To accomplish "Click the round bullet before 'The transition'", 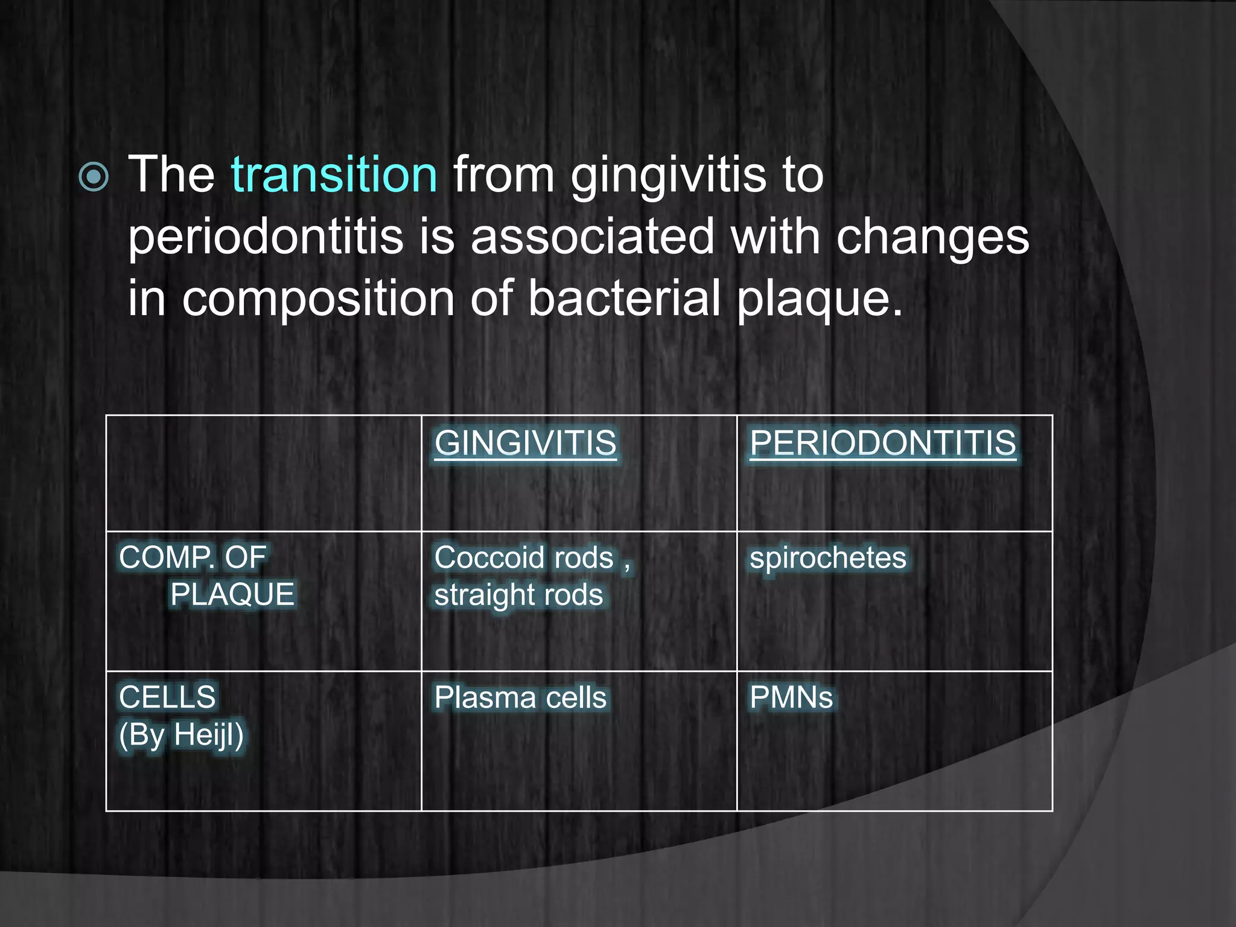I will click(94, 177).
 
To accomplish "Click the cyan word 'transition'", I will click(334, 175).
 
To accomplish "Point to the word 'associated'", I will click(593, 237).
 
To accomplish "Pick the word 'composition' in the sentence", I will click(318, 299).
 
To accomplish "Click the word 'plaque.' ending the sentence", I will click(820, 301).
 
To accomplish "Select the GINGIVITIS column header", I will click(525, 443).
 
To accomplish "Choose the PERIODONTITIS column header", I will click(882, 443).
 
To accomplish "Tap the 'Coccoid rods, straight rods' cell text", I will click(531, 576).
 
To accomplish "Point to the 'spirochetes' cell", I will click(827, 558).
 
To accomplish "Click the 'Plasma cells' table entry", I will click(520, 698).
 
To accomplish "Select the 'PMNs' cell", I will click(791, 698).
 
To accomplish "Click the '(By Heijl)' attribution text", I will click(181, 735).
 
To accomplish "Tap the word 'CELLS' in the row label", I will click(167, 698).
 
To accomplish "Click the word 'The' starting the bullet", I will click(171, 175).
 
